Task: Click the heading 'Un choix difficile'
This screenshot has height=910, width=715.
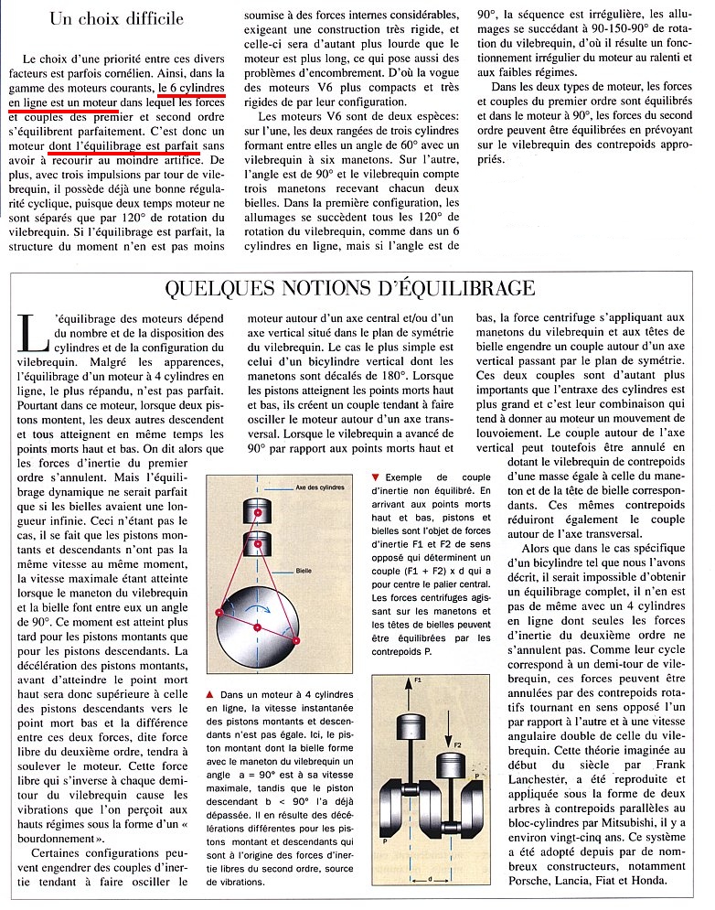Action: click(x=116, y=17)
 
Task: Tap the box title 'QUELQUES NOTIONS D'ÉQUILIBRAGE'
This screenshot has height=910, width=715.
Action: click(x=350, y=288)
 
